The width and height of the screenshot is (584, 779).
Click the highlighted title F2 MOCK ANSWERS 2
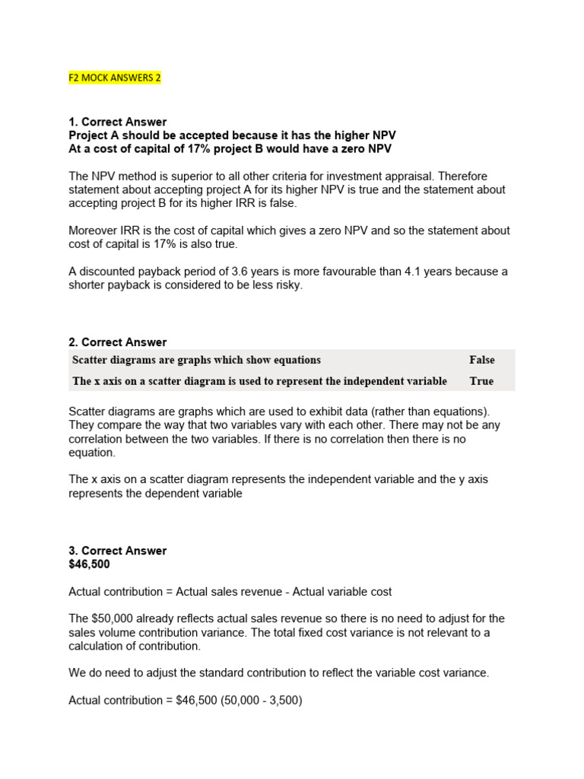(115, 78)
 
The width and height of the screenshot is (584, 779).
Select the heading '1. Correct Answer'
(118, 122)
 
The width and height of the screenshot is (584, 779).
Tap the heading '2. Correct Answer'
(118, 342)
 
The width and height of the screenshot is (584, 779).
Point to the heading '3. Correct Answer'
(118, 551)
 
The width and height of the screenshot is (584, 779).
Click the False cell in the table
(481, 360)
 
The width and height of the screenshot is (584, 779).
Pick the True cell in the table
(481, 381)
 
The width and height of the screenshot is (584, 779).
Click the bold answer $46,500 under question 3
(89, 564)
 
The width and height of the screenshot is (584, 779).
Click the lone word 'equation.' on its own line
(92, 453)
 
